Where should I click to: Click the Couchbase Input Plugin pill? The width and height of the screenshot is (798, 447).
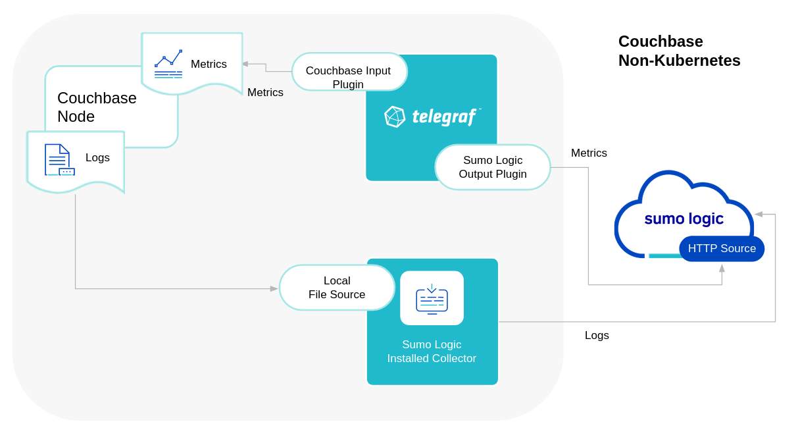click(349, 72)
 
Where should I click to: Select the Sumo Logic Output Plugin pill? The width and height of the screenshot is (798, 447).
click(492, 167)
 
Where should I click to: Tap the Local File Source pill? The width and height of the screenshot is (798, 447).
click(337, 288)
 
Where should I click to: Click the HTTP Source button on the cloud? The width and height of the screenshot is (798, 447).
click(722, 249)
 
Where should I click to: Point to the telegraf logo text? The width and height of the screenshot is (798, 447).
click(444, 117)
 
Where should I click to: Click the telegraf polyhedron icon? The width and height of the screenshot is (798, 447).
click(395, 117)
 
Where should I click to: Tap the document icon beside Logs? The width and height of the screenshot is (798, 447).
click(59, 159)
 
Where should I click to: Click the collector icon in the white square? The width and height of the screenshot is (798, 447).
click(432, 299)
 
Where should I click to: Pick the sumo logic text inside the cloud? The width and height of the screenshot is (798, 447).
click(684, 219)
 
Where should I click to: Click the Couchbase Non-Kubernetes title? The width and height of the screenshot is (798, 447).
click(679, 51)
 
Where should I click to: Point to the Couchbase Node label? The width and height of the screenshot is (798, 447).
click(97, 107)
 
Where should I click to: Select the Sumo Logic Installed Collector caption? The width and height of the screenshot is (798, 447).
click(432, 352)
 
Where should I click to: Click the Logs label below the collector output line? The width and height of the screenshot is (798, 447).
click(597, 335)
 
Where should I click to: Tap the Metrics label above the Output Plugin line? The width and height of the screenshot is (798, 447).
click(589, 153)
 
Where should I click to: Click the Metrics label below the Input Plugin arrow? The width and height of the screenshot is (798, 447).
click(265, 92)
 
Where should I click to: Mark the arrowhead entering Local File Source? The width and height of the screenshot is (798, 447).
click(274, 288)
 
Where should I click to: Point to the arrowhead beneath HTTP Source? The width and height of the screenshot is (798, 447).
click(722, 268)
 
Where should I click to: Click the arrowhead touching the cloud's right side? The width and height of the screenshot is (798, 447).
click(759, 214)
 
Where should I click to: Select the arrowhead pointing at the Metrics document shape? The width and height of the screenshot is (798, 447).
click(245, 64)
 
